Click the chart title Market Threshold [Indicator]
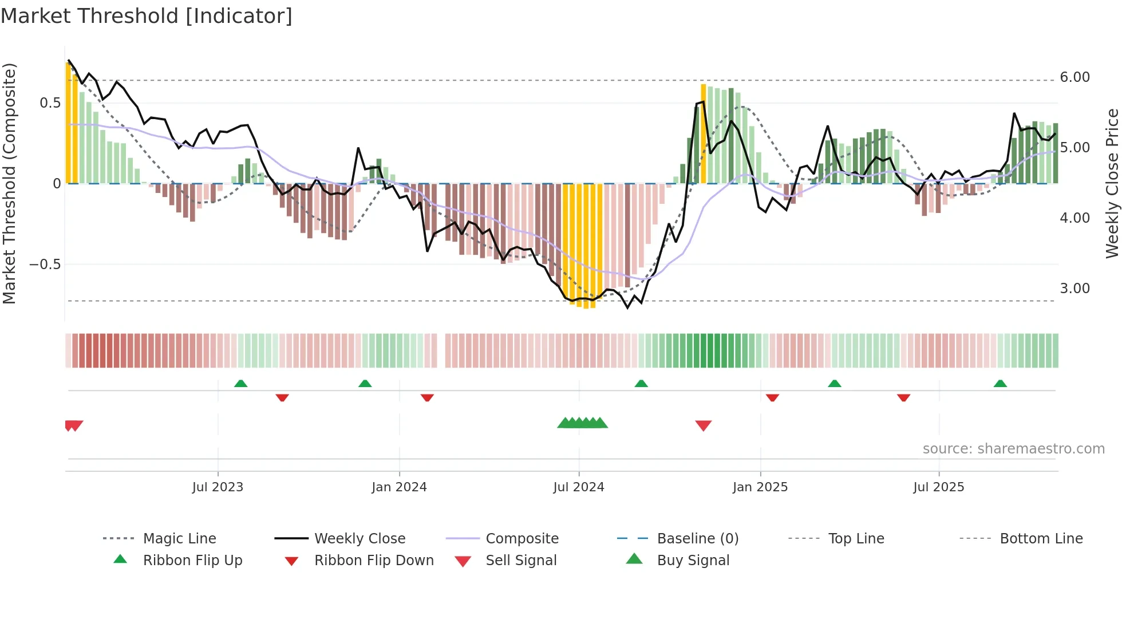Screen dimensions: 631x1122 [147, 16]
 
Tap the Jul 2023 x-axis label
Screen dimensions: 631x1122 [218, 487]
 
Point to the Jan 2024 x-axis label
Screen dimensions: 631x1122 [399, 487]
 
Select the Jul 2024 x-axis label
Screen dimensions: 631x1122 [579, 487]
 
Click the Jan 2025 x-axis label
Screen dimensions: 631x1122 [760, 487]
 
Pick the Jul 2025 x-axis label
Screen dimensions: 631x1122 [939, 487]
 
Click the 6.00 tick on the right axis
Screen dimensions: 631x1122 [1074, 77]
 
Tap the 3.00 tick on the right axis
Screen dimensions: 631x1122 [1074, 289]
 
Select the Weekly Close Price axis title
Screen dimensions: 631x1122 [1112, 183]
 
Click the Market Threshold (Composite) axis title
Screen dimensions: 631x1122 [9, 183]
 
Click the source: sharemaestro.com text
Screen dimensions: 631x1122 [1013, 449]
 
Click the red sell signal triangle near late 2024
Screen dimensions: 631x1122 [703, 425]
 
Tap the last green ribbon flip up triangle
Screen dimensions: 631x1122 [1000, 384]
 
